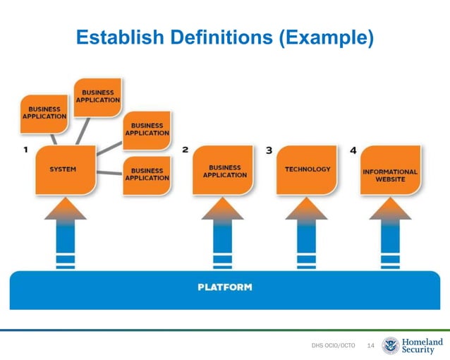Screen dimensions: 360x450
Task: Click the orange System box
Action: pyautogui.click(x=66, y=170)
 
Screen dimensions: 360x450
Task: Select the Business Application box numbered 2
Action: pyautogui.click(x=225, y=170)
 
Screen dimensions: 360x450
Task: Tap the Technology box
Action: pyautogui.click(x=308, y=170)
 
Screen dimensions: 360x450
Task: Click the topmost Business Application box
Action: pyautogui.click(x=99, y=97)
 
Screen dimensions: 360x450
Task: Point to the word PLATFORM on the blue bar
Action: pyautogui.click(x=224, y=287)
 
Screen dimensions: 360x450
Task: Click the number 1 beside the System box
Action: pyautogui.click(x=25, y=150)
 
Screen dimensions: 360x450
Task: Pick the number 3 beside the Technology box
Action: pyautogui.click(x=269, y=150)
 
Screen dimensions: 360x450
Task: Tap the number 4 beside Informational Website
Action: pyautogui.click(x=353, y=150)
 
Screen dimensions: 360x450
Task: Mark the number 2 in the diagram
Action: pyautogui.click(x=186, y=150)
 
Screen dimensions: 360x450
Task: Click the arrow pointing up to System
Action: pyautogui.click(x=66, y=233)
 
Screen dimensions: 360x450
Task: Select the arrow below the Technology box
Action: pyautogui.click(x=307, y=233)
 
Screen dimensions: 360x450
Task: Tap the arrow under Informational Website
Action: pyautogui.click(x=390, y=233)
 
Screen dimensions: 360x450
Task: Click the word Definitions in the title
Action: pyautogui.click(x=220, y=38)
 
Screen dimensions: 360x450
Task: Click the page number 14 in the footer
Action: pyautogui.click(x=371, y=345)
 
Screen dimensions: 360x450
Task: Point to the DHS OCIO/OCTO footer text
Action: pyautogui.click(x=333, y=345)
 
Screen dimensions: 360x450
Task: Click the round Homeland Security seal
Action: pyautogui.click(x=390, y=345)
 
